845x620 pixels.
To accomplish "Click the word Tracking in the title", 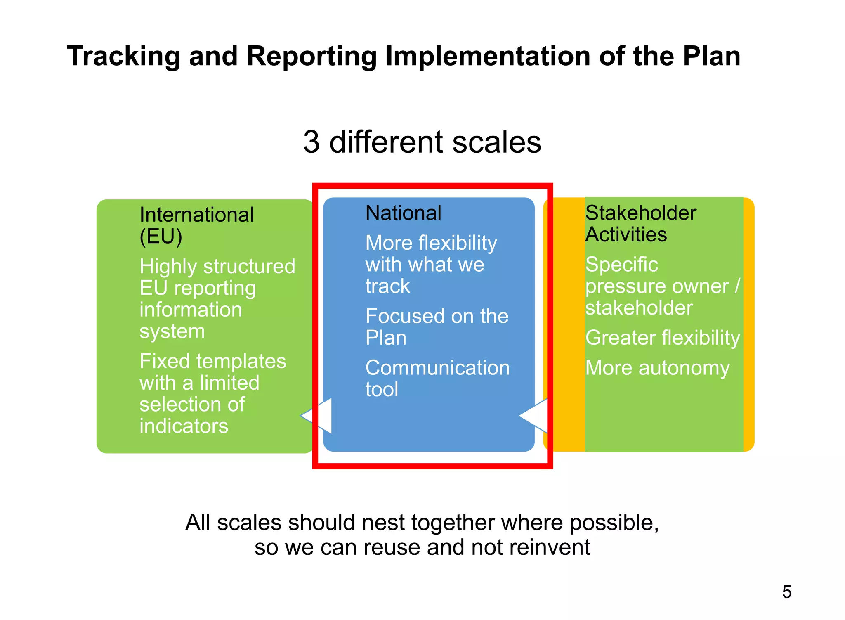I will pos(123,56).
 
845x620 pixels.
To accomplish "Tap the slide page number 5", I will pos(786,592).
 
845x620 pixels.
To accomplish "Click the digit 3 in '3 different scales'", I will pos(312,142).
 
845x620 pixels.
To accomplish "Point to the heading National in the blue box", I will pos(403,213).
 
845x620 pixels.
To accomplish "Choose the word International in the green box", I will pos(196,215).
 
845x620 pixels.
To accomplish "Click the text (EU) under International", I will pos(161,237).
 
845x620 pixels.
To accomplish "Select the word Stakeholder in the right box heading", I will pos(640,213).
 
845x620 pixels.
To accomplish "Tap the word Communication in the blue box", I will pos(437,367).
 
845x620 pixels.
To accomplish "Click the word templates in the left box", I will pos(241,361).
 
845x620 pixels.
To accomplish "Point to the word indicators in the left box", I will pos(184,426).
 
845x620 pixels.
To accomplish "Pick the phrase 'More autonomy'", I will pos(657,367).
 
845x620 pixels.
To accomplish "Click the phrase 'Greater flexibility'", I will pos(662,338).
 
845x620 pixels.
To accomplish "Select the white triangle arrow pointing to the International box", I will pos(318,416).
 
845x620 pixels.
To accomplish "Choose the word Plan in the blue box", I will pos(386,338).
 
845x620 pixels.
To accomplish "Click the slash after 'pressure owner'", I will pos(737,286).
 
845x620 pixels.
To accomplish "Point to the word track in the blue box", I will pos(387,286).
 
